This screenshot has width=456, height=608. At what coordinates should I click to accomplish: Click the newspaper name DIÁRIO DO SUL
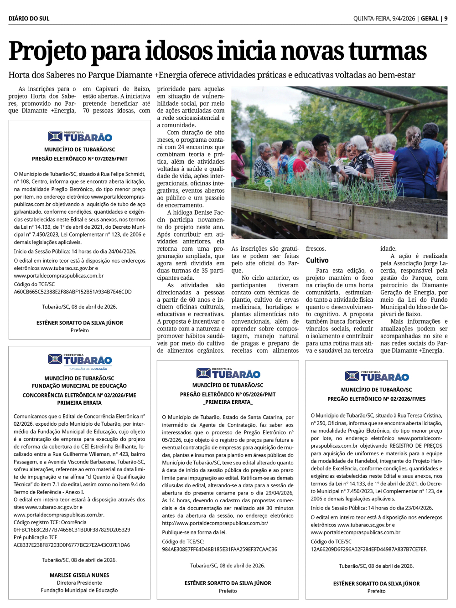tap(29, 19)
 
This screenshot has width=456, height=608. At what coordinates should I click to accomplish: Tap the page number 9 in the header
tap(446, 19)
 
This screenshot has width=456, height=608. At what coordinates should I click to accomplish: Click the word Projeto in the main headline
tap(48, 52)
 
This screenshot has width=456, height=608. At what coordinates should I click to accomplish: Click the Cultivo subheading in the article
tap(317, 260)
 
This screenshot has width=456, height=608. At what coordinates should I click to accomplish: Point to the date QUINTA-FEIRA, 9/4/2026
tap(384, 19)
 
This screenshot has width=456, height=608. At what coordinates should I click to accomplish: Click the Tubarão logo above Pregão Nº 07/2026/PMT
tap(80, 136)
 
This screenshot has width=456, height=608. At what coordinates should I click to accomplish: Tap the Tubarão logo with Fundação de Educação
tap(80, 361)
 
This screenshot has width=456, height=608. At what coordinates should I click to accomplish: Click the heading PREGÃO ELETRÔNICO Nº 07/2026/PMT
tap(80, 159)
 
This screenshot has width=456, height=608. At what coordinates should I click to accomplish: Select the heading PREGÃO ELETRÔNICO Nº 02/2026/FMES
tap(376, 399)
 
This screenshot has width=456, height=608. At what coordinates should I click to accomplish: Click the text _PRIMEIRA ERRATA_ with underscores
tap(228, 402)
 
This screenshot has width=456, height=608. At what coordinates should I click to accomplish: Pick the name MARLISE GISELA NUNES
tap(79, 575)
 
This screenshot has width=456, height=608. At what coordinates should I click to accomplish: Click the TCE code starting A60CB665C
tap(73, 292)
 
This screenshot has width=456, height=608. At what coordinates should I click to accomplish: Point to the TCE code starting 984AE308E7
tap(219, 549)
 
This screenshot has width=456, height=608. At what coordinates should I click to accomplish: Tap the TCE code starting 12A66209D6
tap(368, 549)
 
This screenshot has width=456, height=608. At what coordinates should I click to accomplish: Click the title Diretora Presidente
tap(79, 583)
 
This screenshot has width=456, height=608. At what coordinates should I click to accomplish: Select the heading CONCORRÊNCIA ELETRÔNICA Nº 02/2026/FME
tap(79, 395)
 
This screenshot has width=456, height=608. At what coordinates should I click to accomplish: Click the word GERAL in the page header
tap(430, 19)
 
